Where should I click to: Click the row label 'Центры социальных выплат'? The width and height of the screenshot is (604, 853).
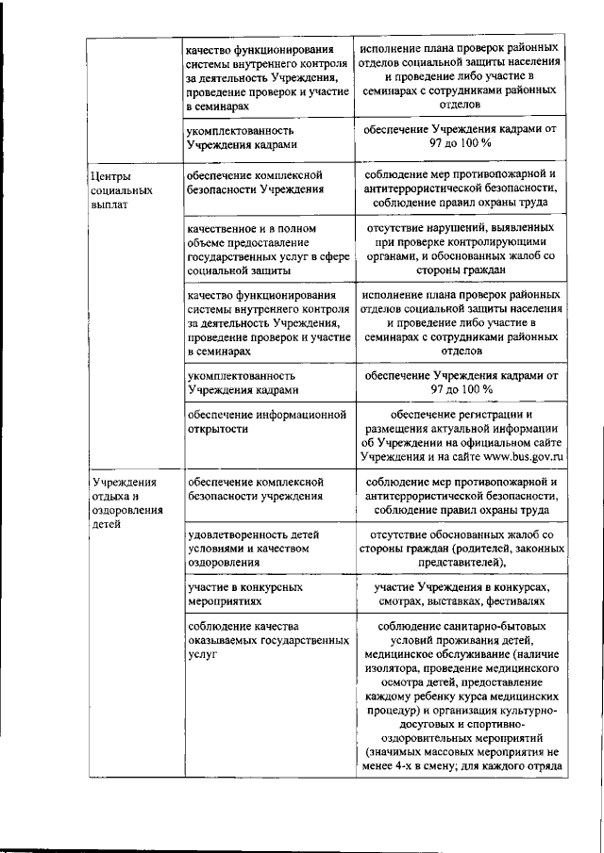tap(110, 189)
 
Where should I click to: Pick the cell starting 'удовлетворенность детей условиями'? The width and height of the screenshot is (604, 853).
tap(250, 548)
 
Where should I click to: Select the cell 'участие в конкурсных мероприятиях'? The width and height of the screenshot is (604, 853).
tap(244, 593)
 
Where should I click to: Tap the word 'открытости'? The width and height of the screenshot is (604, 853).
tap(217, 429)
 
